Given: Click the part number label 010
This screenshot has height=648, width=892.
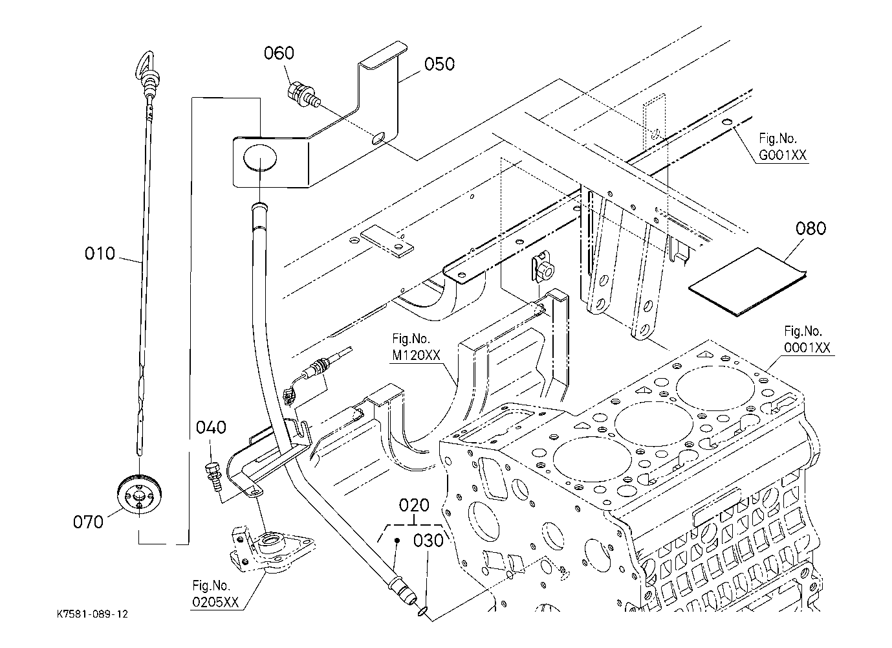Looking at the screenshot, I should (x=100, y=254).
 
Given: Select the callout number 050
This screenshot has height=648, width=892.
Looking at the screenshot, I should (x=439, y=63).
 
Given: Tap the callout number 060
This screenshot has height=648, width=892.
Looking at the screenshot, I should (x=279, y=53).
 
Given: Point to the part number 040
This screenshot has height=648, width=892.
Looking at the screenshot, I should (x=212, y=428).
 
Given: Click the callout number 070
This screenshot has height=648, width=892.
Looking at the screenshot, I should (x=89, y=521).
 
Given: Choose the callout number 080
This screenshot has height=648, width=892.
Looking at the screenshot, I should (x=810, y=229).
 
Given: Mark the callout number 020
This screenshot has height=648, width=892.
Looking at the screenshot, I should (x=415, y=505).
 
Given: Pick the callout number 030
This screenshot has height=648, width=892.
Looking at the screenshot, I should (x=428, y=539).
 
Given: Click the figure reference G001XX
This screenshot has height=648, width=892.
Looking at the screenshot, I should (x=783, y=156).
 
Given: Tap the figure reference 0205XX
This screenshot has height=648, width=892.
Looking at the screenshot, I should (x=215, y=602).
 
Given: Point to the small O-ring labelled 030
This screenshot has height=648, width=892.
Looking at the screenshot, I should (x=422, y=609).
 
